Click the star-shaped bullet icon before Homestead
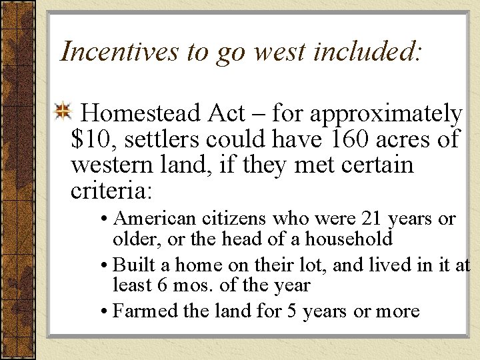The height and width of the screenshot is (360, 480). click(63, 112)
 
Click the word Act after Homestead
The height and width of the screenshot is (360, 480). click(226, 113)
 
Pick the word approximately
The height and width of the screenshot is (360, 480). click(385, 115)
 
